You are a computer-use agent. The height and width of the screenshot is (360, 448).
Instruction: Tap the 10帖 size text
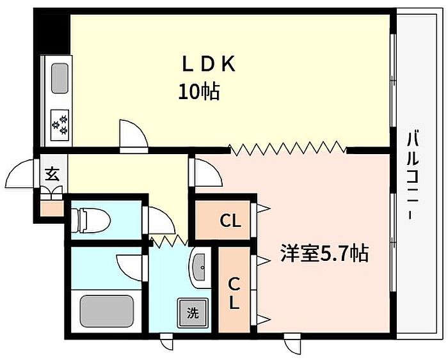(x=198, y=92)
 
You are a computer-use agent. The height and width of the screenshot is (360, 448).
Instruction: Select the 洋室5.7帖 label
(x=323, y=254)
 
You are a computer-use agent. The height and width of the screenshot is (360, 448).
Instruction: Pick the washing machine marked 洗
(x=192, y=313)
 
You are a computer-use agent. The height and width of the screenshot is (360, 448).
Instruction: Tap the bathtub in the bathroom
(x=106, y=310)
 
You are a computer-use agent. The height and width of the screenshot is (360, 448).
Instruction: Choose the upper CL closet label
(x=230, y=221)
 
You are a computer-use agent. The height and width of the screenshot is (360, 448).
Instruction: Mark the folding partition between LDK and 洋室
(x=287, y=150)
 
